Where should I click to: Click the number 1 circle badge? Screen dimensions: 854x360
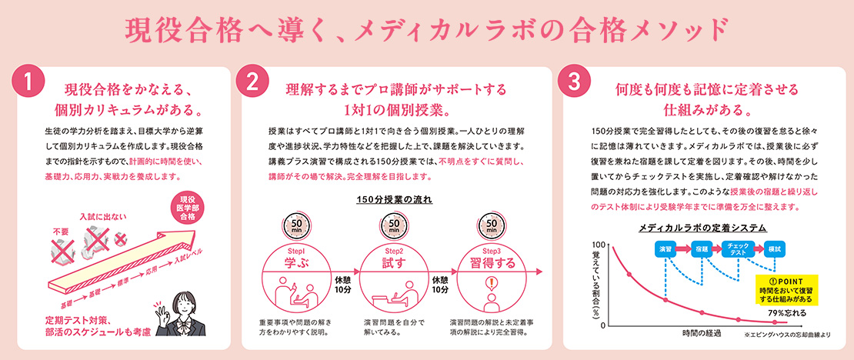[27, 82]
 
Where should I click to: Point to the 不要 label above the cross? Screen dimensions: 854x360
[60, 231]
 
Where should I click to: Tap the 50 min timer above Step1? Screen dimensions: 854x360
[297, 225]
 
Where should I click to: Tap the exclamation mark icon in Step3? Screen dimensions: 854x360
[492, 285]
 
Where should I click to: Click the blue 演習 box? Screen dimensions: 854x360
[665, 248]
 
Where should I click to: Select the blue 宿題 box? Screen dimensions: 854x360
[701, 248]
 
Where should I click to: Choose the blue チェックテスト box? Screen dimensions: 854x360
[738, 248]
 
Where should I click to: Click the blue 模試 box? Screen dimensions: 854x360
[774, 248]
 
